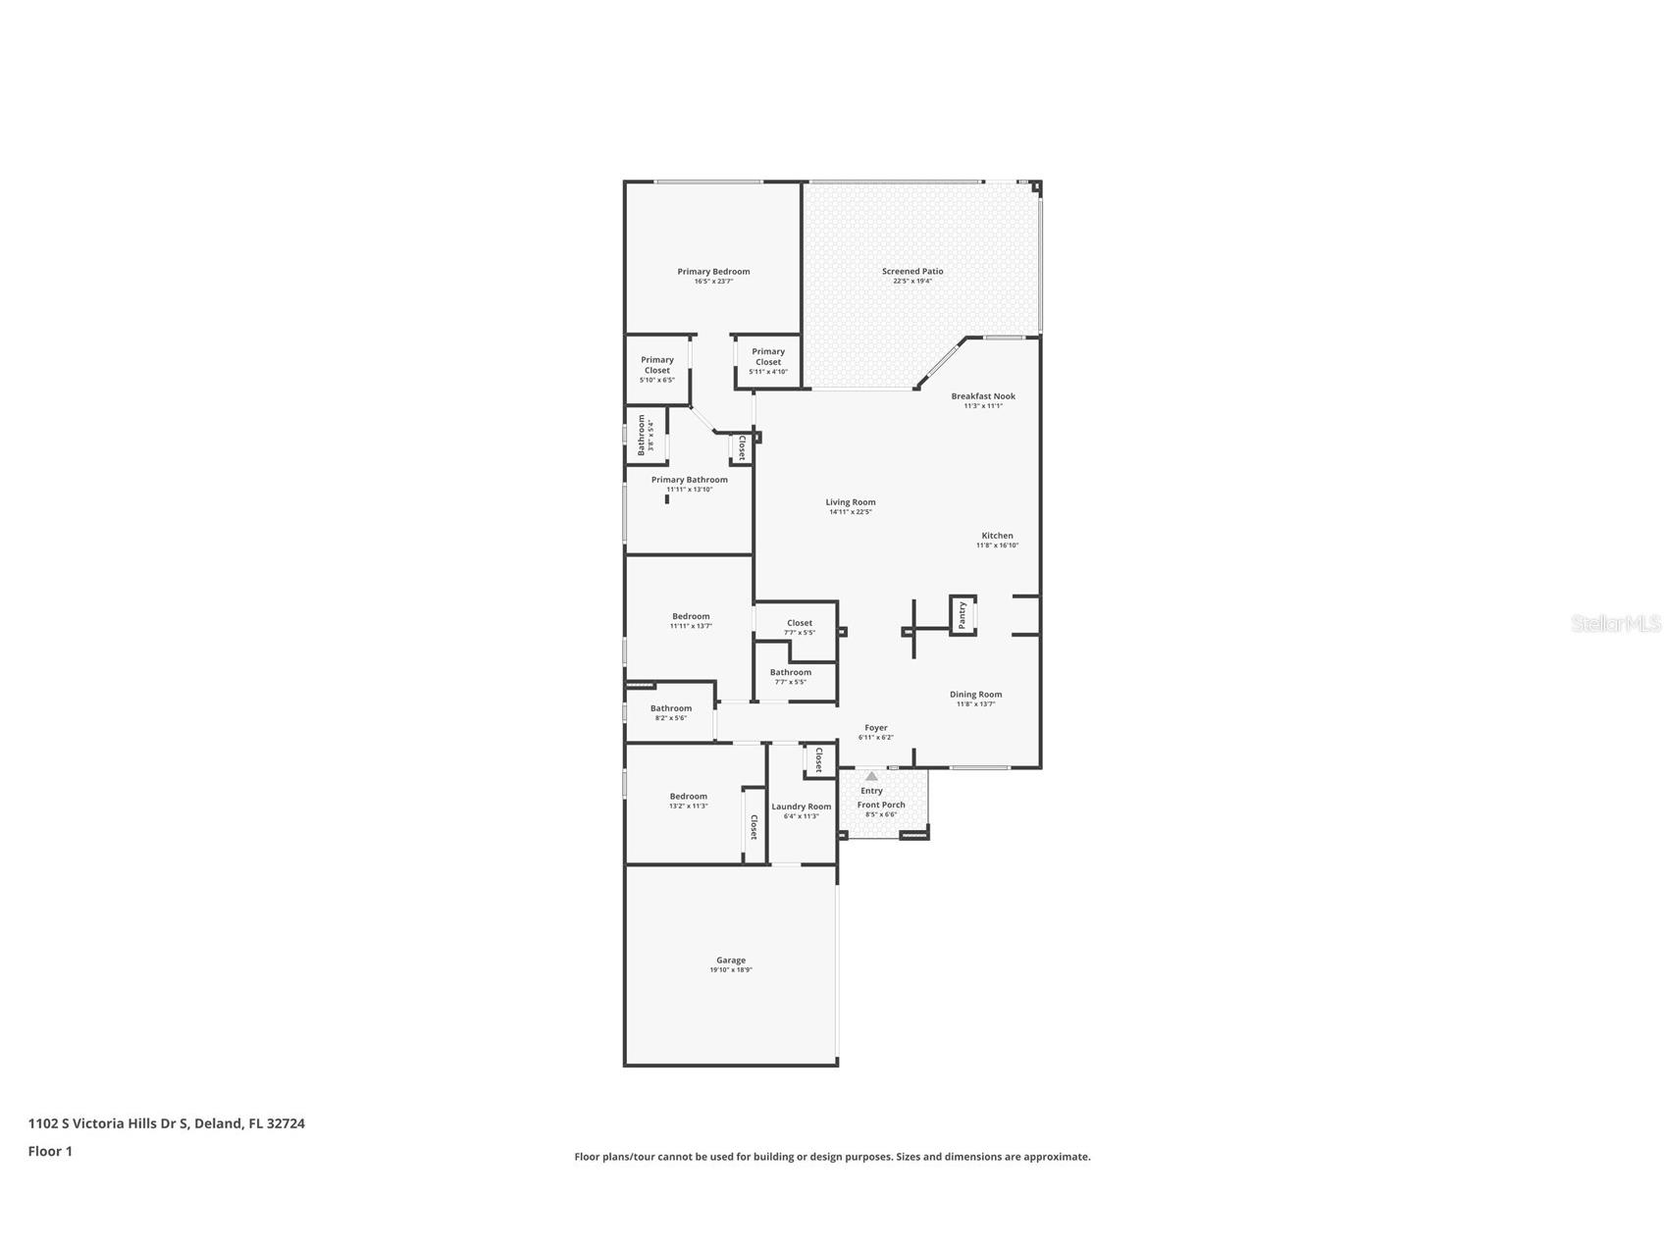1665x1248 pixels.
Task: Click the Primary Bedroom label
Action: tap(713, 272)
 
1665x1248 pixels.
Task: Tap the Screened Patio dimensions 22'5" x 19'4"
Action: tap(912, 282)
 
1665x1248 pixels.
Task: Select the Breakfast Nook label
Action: tap(982, 396)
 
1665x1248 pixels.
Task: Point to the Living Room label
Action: tap(850, 502)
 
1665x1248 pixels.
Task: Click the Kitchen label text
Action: tap(997, 536)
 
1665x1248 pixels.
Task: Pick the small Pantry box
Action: tap(963, 615)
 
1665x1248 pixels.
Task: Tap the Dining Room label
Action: tap(975, 695)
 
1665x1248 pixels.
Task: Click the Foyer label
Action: tap(875, 728)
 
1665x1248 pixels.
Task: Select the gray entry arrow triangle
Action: tap(871, 776)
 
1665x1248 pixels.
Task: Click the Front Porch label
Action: tap(881, 805)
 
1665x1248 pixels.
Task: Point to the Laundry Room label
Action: tap(801, 806)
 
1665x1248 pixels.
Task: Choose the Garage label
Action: tap(730, 961)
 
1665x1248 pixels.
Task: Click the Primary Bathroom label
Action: tap(690, 480)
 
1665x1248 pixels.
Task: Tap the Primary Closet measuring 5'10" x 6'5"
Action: tap(657, 365)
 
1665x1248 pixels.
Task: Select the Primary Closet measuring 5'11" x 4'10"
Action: tap(768, 356)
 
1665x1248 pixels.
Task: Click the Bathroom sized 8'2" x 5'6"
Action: tap(671, 708)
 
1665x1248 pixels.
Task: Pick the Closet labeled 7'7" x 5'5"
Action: tap(799, 623)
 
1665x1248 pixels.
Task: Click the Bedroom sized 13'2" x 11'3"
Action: tap(688, 797)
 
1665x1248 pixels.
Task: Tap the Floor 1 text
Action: tap(50, 1152)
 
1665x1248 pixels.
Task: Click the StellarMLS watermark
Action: tap(1615, 623)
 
